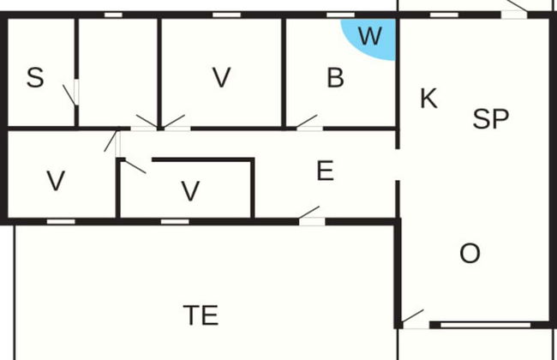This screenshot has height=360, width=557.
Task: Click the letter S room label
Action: tap(35, 77)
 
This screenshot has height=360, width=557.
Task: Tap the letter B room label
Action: tap(335, 77)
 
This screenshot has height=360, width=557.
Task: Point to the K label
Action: tap(428, 99)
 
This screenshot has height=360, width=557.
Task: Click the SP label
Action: tap(490, 118)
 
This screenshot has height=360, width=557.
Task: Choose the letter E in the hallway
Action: tap(325, 171)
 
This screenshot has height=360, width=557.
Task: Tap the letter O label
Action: tap(470, 254)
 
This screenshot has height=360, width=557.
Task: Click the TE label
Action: tap(201, 315)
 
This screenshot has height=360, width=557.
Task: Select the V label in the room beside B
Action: tap(222, 77)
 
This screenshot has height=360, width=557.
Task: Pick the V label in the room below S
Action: tap(56, 181)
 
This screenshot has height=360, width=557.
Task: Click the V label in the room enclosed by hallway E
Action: tap(190, 191)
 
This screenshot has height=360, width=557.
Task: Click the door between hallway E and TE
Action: tap(310, 215)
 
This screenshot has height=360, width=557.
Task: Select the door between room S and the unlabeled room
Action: tap(71, 93)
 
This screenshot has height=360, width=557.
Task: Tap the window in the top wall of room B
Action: tap(340, 15)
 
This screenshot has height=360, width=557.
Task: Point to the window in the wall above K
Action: tap(444, 15)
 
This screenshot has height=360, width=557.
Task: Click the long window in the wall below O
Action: tap(485, 325)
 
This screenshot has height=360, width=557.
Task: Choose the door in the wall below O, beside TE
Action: tap(415, 319)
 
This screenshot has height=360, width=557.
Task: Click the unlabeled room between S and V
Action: tap(117, 72)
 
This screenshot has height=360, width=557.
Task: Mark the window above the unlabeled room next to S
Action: tap(113, 15)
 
